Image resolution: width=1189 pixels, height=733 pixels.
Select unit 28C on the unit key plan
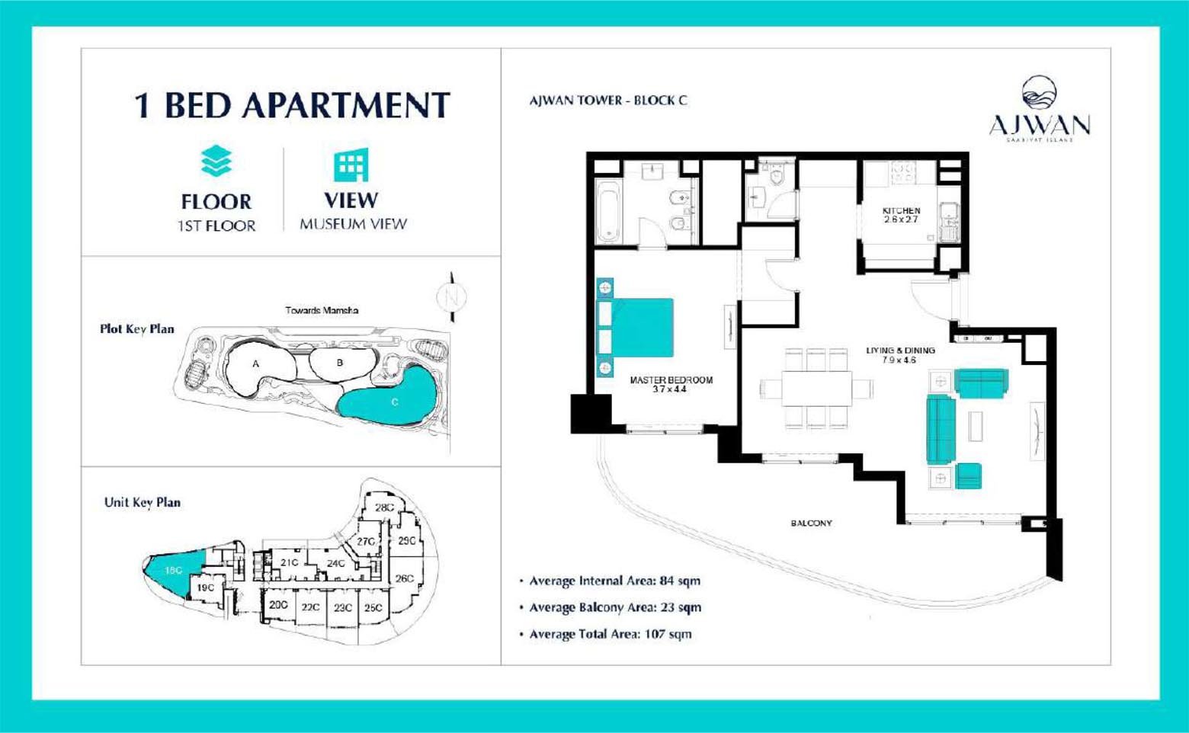click(383, 507)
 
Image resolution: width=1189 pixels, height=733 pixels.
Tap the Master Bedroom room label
click(671, 384)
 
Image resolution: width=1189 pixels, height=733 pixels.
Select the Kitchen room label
click(901, 215)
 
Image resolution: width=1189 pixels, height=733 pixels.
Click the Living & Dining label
click(900, 355)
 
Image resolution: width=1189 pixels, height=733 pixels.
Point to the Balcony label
click(811, 523)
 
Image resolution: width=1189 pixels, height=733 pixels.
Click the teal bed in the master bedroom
click(640, 328)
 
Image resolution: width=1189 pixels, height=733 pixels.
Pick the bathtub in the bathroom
click(608, 211)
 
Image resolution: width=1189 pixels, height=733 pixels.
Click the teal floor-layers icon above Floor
click(216, 161)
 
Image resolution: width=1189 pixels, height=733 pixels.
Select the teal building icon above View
click(351, 164)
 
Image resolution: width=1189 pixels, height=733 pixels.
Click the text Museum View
click(353, 224)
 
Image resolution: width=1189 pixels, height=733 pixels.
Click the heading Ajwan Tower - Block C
click(608, 100)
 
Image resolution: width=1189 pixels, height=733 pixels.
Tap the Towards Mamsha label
click(322, 310)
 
